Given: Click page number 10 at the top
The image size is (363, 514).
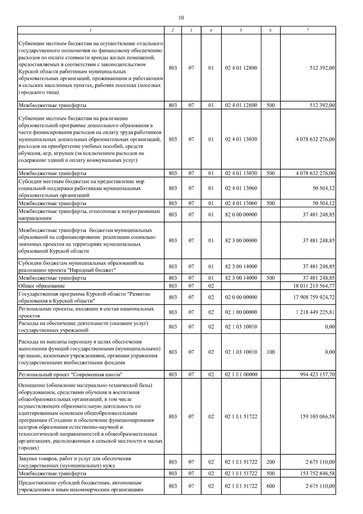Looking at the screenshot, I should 181,18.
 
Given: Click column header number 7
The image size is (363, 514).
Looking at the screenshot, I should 308,30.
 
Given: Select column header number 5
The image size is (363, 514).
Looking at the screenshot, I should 241,30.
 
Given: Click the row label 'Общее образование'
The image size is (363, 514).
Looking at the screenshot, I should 42,286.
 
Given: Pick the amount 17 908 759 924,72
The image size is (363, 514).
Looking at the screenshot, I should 314,297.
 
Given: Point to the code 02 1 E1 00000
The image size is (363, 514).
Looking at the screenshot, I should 241,374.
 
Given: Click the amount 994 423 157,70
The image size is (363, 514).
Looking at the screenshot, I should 317,374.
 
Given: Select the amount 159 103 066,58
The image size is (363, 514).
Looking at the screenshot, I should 317,416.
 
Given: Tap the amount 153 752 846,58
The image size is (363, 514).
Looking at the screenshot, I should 317,473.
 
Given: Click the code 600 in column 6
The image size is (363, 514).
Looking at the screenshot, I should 271,486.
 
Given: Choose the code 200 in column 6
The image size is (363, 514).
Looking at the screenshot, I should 271,462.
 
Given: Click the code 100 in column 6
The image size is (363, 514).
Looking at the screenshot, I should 271,352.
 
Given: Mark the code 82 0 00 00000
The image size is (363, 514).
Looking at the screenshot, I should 241,214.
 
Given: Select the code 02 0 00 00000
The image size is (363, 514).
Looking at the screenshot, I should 241,297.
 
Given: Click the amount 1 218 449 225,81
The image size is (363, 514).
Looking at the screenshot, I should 316,312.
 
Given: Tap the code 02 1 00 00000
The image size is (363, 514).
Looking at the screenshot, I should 241,312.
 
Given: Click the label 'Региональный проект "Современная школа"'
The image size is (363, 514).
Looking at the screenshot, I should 70,375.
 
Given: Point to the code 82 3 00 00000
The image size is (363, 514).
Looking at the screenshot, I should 241,240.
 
